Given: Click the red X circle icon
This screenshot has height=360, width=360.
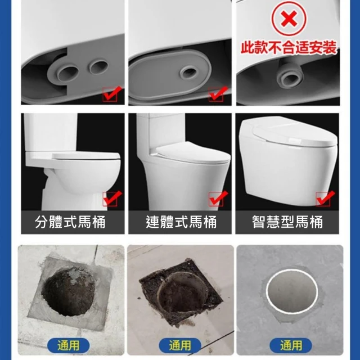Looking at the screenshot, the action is [289, 19].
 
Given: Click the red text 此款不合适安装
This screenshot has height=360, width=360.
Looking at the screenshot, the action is [289, 47].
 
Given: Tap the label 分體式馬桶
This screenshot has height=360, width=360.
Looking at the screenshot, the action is [70, 222].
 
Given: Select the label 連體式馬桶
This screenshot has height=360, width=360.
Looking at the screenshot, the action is [181, 222].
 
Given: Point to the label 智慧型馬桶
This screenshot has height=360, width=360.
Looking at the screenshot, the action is [287, 222].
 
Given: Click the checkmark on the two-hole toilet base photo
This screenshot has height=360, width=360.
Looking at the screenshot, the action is [112, 94].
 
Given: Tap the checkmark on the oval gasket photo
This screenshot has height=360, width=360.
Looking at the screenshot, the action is [218, 94].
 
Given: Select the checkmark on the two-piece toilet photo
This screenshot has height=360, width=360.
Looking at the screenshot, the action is [112, 199].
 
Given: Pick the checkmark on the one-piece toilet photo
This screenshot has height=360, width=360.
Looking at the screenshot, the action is [218, 199].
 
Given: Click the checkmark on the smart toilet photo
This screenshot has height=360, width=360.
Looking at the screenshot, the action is [325, 199].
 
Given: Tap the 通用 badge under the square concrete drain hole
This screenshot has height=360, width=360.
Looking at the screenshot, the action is [69, 345].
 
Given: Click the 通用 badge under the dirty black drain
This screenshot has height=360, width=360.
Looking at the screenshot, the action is [180, 345].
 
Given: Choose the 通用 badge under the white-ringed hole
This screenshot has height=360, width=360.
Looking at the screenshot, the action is [291, 345].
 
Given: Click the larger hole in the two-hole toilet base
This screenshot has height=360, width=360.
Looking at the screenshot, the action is [68, 73].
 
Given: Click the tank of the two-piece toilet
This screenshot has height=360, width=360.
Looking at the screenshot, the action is [51, 133].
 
